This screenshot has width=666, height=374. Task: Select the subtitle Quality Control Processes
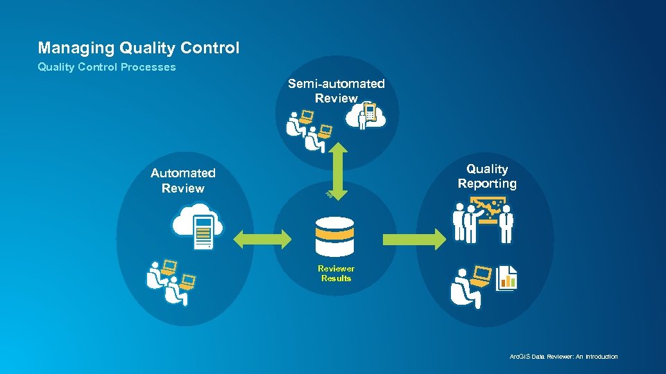[x=107, y=67]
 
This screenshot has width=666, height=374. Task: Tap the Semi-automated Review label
[x=336, y=91]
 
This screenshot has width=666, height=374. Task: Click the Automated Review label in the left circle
[x=183, y=181]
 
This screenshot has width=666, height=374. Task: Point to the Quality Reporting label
[x=487, y=176]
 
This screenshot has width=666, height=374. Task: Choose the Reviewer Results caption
[x=336, y=274]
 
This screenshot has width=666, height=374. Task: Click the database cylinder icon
[x=334, y=236]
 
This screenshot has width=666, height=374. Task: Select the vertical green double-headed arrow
[x=336, y=170]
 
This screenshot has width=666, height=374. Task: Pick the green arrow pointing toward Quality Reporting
[x=413, y=240]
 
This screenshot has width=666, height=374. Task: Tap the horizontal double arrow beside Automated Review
[x=263, y=240]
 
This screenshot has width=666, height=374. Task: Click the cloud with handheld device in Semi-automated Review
[x=368, y=116]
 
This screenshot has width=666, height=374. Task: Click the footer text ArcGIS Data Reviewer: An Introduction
[x=563, y=357]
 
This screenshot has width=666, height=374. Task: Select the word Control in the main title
[x=210, y=48]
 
